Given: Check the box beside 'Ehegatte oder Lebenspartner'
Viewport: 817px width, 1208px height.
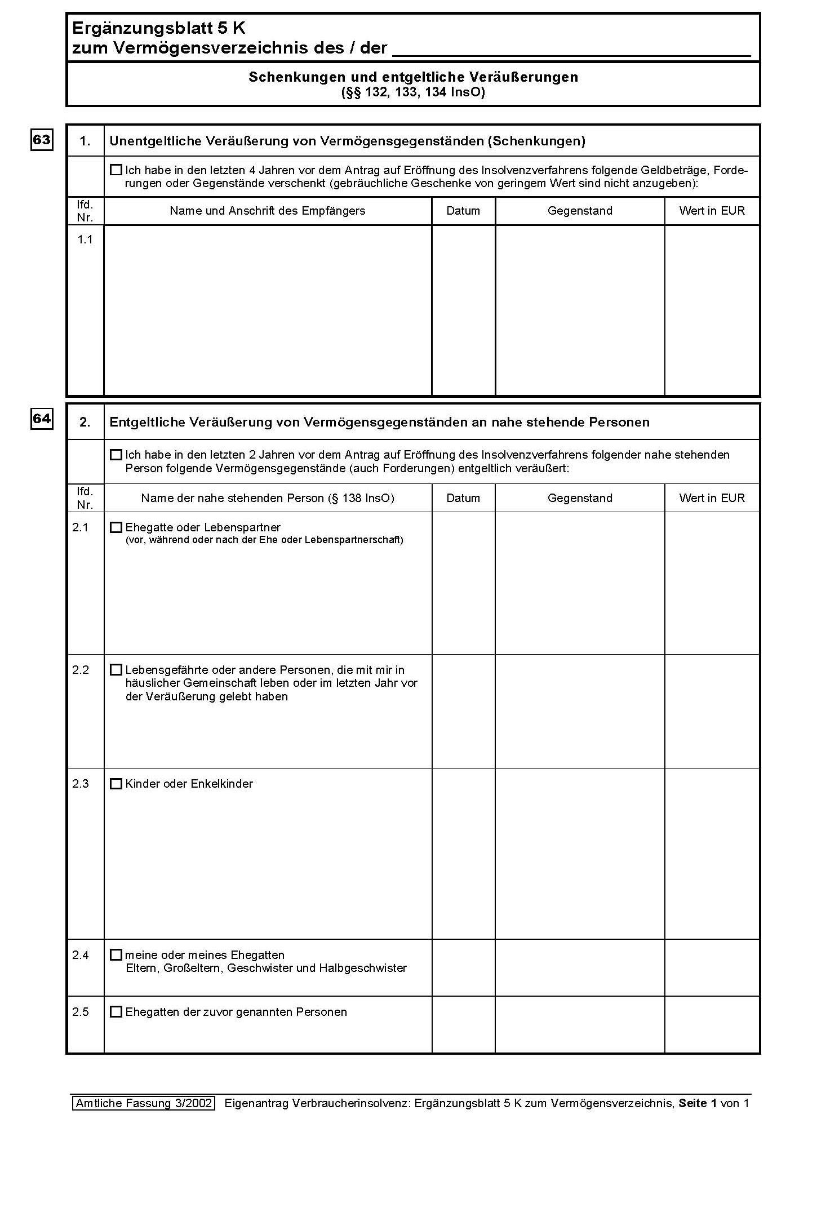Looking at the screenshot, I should (116, 527).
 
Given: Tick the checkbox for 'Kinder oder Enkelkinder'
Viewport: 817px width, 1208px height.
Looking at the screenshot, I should (116, 784).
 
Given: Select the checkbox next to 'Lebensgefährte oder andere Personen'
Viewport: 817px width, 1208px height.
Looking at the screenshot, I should (116, 670).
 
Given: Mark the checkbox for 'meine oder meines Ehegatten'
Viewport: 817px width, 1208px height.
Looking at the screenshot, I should (116, 954).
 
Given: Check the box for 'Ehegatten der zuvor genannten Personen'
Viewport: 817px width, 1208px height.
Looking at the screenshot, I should (116, 1011).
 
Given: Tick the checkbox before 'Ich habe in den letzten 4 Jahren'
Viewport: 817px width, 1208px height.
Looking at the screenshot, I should (116, 170).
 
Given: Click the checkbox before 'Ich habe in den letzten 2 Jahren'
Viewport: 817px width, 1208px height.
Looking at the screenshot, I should (116, 454).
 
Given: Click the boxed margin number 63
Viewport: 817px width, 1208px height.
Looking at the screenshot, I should (42, 139).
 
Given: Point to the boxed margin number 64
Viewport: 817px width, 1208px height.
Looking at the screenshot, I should (42, 419).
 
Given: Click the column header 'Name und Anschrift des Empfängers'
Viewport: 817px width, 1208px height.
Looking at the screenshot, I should (268, 211).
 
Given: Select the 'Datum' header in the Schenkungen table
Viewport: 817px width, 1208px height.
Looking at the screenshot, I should (463, 211).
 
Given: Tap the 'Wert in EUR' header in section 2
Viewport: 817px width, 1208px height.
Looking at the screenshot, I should (712, 498).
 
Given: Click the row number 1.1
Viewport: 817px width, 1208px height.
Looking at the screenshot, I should (85, 239).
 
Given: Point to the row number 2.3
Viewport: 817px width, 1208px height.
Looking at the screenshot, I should (81, 784).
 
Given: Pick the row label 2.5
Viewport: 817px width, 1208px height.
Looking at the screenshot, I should (81, 1011).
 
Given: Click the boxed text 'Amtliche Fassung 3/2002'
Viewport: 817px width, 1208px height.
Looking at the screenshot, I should (144, 1103).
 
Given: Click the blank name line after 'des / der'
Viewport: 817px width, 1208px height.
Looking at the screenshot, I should (571, 50).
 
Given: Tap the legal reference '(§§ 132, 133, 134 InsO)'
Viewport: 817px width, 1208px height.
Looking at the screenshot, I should (413, 92).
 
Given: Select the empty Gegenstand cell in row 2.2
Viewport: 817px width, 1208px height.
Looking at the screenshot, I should (580, 711).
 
